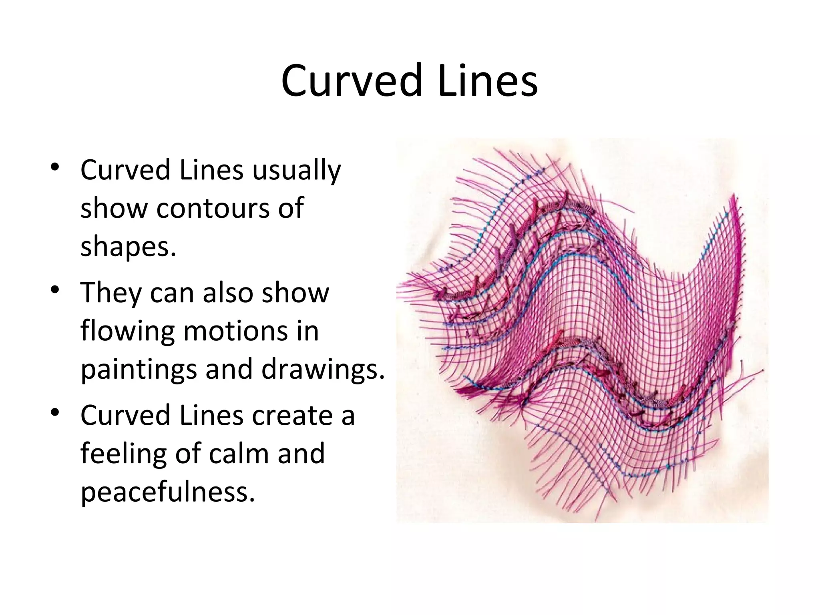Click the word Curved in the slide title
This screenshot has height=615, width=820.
pos(352,80)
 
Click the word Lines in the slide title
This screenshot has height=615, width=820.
pos(488,80)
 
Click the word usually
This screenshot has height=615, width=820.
pos(296,171)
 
